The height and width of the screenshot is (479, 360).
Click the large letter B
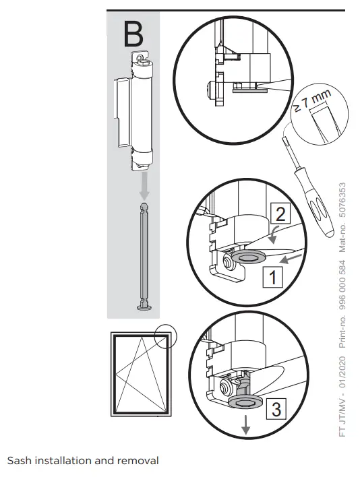tap(133, 34)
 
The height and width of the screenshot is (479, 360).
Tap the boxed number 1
tap(272, 276)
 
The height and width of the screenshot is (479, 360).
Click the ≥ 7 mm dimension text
tap(311, 103)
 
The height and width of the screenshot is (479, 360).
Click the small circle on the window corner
tap(164, 336)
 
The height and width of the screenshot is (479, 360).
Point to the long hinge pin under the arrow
tap(143, 256)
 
